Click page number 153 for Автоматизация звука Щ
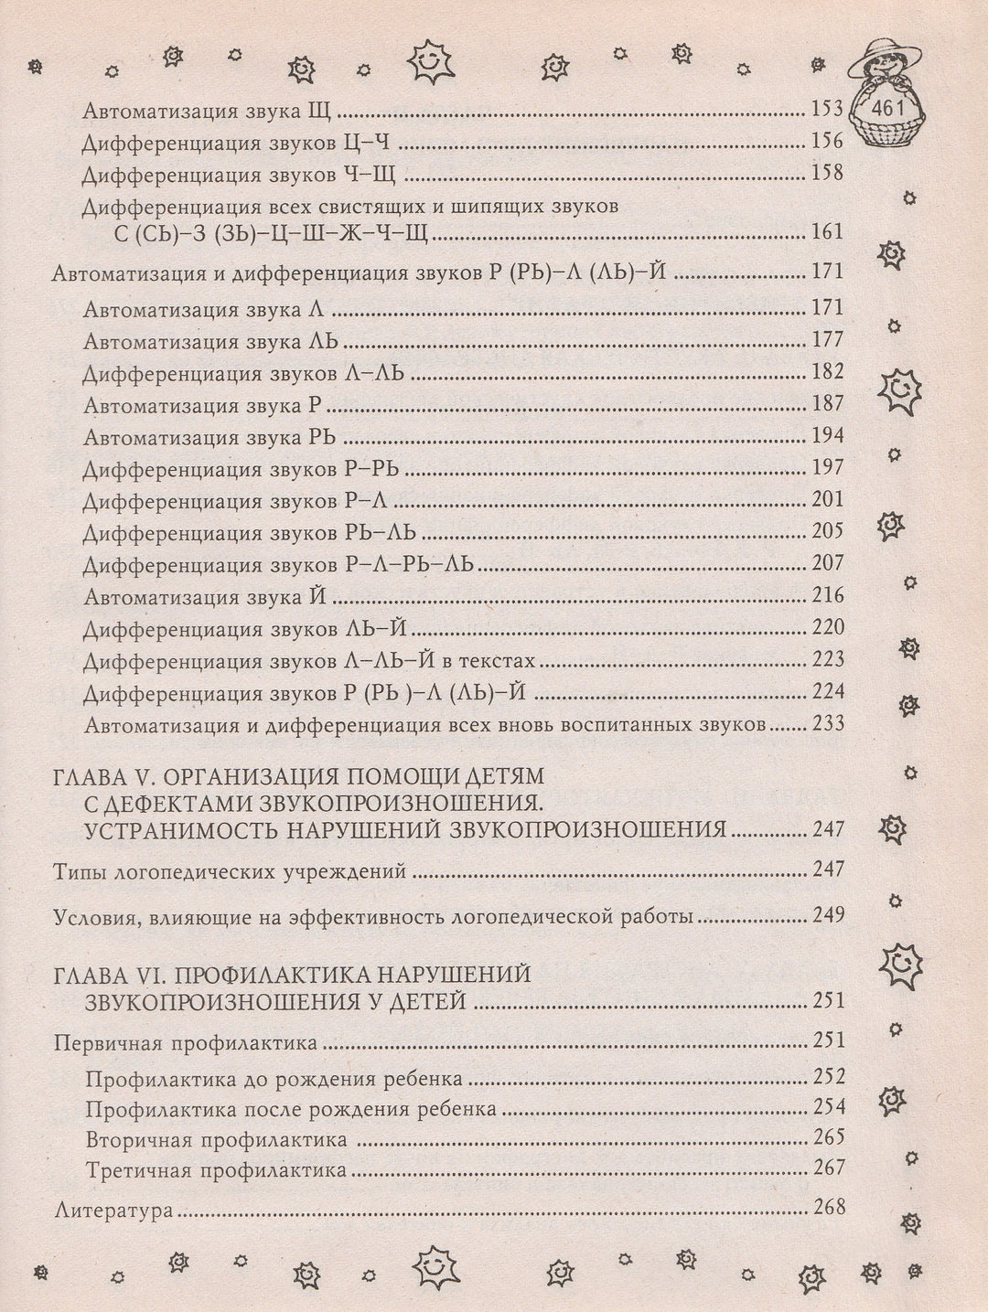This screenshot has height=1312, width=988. point(827,110)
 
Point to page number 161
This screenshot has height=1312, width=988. point(827,231)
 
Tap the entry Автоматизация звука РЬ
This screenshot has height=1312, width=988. point(211,436)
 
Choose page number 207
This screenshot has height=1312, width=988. point(827,563)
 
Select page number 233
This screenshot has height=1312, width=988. point(827,725)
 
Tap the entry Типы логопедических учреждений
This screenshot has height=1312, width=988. point(230,870)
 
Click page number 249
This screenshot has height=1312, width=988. point(827,915)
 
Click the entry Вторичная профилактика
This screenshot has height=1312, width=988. point(217,1140)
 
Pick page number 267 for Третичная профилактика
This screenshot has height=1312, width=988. point(827,1168)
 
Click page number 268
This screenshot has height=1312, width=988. point(827,1207)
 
